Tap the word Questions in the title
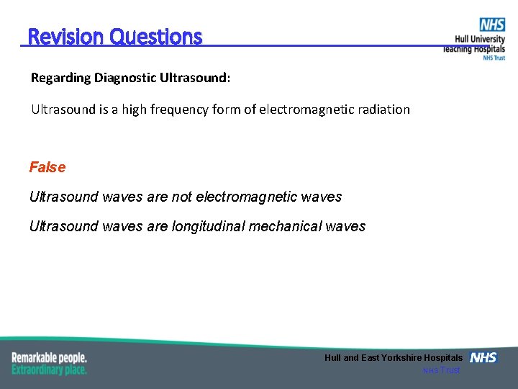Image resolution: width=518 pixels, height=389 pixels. click(156, 37)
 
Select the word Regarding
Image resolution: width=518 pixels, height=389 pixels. click(60, 78)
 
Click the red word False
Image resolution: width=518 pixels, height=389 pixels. click(47, 167)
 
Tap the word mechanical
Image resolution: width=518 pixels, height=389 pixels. click(286, 226)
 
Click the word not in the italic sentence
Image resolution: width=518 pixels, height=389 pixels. click(182, 197)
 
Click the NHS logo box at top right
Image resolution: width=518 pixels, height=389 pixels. click(493, 25)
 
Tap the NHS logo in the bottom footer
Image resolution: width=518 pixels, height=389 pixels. click(483, 357)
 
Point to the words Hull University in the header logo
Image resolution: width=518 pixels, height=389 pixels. click(480, 40)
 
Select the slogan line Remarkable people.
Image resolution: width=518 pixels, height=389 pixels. click(50, 357)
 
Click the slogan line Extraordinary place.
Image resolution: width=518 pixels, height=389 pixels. click(50, 370)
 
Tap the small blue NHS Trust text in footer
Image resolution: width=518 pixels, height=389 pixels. click(441, 370)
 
